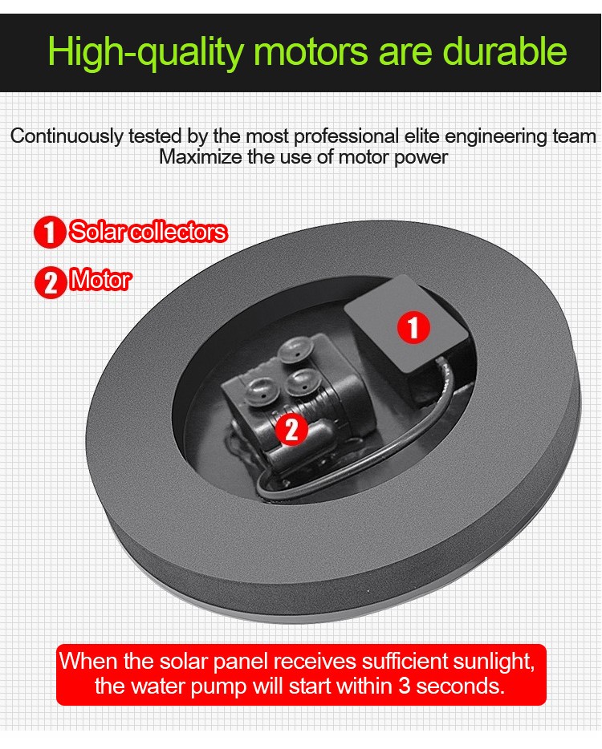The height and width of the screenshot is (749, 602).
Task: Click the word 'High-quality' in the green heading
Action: click(145, 51)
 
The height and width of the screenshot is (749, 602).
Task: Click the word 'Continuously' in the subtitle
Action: click(67, 136)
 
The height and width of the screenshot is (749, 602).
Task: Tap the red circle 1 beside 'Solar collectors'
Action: click(49, 232)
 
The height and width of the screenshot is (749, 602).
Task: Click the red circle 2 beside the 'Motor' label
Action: click(51, 283)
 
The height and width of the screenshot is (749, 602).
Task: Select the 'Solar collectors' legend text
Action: click(148, 232)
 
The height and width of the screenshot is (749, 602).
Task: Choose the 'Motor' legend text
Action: click(100, 280)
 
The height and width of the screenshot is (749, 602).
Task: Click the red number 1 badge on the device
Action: click(413, 328)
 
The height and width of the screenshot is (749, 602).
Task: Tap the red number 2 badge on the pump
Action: click(291, 430)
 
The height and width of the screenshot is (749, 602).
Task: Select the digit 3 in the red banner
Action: click(404, 686)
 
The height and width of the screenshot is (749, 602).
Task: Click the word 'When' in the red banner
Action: click(88, 661)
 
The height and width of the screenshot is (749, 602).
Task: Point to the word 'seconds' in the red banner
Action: click(460, 686)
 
